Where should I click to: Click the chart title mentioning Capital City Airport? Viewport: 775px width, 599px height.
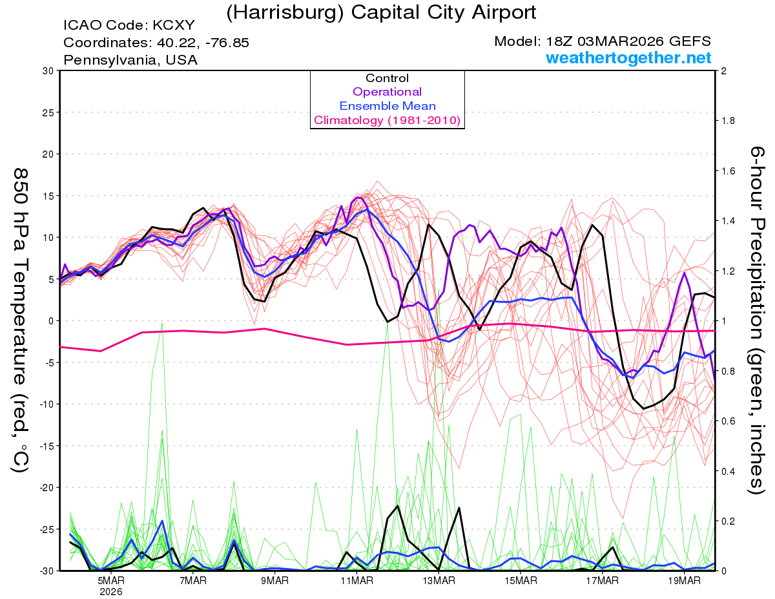click(x=381, y=12)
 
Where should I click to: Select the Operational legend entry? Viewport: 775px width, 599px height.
click(x=387, y=92)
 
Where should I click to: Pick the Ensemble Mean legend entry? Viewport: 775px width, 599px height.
click(x=387, y=106)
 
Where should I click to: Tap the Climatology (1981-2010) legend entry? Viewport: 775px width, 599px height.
click(x=387, y=120)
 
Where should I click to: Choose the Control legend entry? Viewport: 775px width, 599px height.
click(x=387, y=78)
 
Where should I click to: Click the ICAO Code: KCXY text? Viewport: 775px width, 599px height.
click(x=129, y=26)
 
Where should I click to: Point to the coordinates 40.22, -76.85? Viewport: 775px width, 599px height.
click(x=156, y=43)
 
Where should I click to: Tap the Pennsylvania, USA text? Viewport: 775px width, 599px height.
click(x=130, y=60)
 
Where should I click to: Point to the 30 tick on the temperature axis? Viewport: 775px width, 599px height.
click(x=47, y=71)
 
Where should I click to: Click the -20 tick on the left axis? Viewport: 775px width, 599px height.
click(x=45, y=487)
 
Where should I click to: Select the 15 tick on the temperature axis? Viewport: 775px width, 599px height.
click(x=47, y=196)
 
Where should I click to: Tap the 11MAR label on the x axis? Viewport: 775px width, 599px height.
click(x=356, y=581)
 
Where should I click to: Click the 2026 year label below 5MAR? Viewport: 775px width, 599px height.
click(x=110, y=591)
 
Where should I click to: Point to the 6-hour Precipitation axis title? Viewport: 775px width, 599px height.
click(x=758, y=320)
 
